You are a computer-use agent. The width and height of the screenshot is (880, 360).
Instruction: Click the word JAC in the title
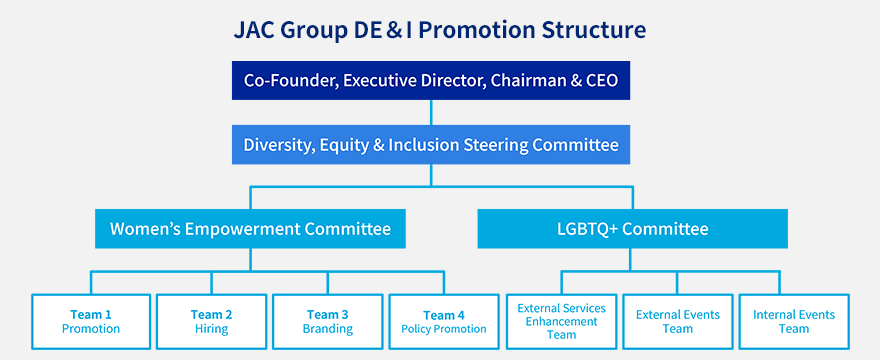click(x=253, y=30)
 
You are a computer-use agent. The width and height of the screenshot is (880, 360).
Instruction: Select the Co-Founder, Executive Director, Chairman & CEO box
click(x=431, y=80)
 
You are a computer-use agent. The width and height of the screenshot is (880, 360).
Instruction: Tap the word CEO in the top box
click(x=602, y=80)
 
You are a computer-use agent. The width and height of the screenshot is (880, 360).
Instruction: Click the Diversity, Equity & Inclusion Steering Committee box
click(x=431, y=144)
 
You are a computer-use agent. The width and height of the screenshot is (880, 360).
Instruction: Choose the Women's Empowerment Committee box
click(x=250, y=229)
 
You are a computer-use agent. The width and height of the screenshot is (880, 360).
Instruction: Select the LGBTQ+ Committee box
click(x=632, y=229)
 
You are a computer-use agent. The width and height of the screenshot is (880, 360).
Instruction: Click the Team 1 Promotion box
click(x=91, y=322)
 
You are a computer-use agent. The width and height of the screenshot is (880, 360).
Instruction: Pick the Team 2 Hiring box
click(x=212, y=322)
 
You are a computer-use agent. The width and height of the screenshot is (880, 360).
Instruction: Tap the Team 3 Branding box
click(x=328, y=322)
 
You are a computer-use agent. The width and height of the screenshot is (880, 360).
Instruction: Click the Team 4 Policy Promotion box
click(x=444, y=322)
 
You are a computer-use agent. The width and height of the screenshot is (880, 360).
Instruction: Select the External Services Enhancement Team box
click(x=562, y=322)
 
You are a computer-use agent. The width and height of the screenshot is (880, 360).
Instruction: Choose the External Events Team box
click(x=678, y=322)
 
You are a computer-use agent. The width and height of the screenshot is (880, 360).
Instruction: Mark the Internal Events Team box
click(x=794, y=322)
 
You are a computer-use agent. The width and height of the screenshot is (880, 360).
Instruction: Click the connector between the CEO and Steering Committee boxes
click(x=431, y=112)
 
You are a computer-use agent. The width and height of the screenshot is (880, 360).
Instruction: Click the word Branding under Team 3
click(x=328, y=329)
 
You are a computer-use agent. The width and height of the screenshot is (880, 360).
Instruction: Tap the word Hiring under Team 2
click(x=212, y=329)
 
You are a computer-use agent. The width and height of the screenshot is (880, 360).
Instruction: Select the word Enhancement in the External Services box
click(x=562, y=322)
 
